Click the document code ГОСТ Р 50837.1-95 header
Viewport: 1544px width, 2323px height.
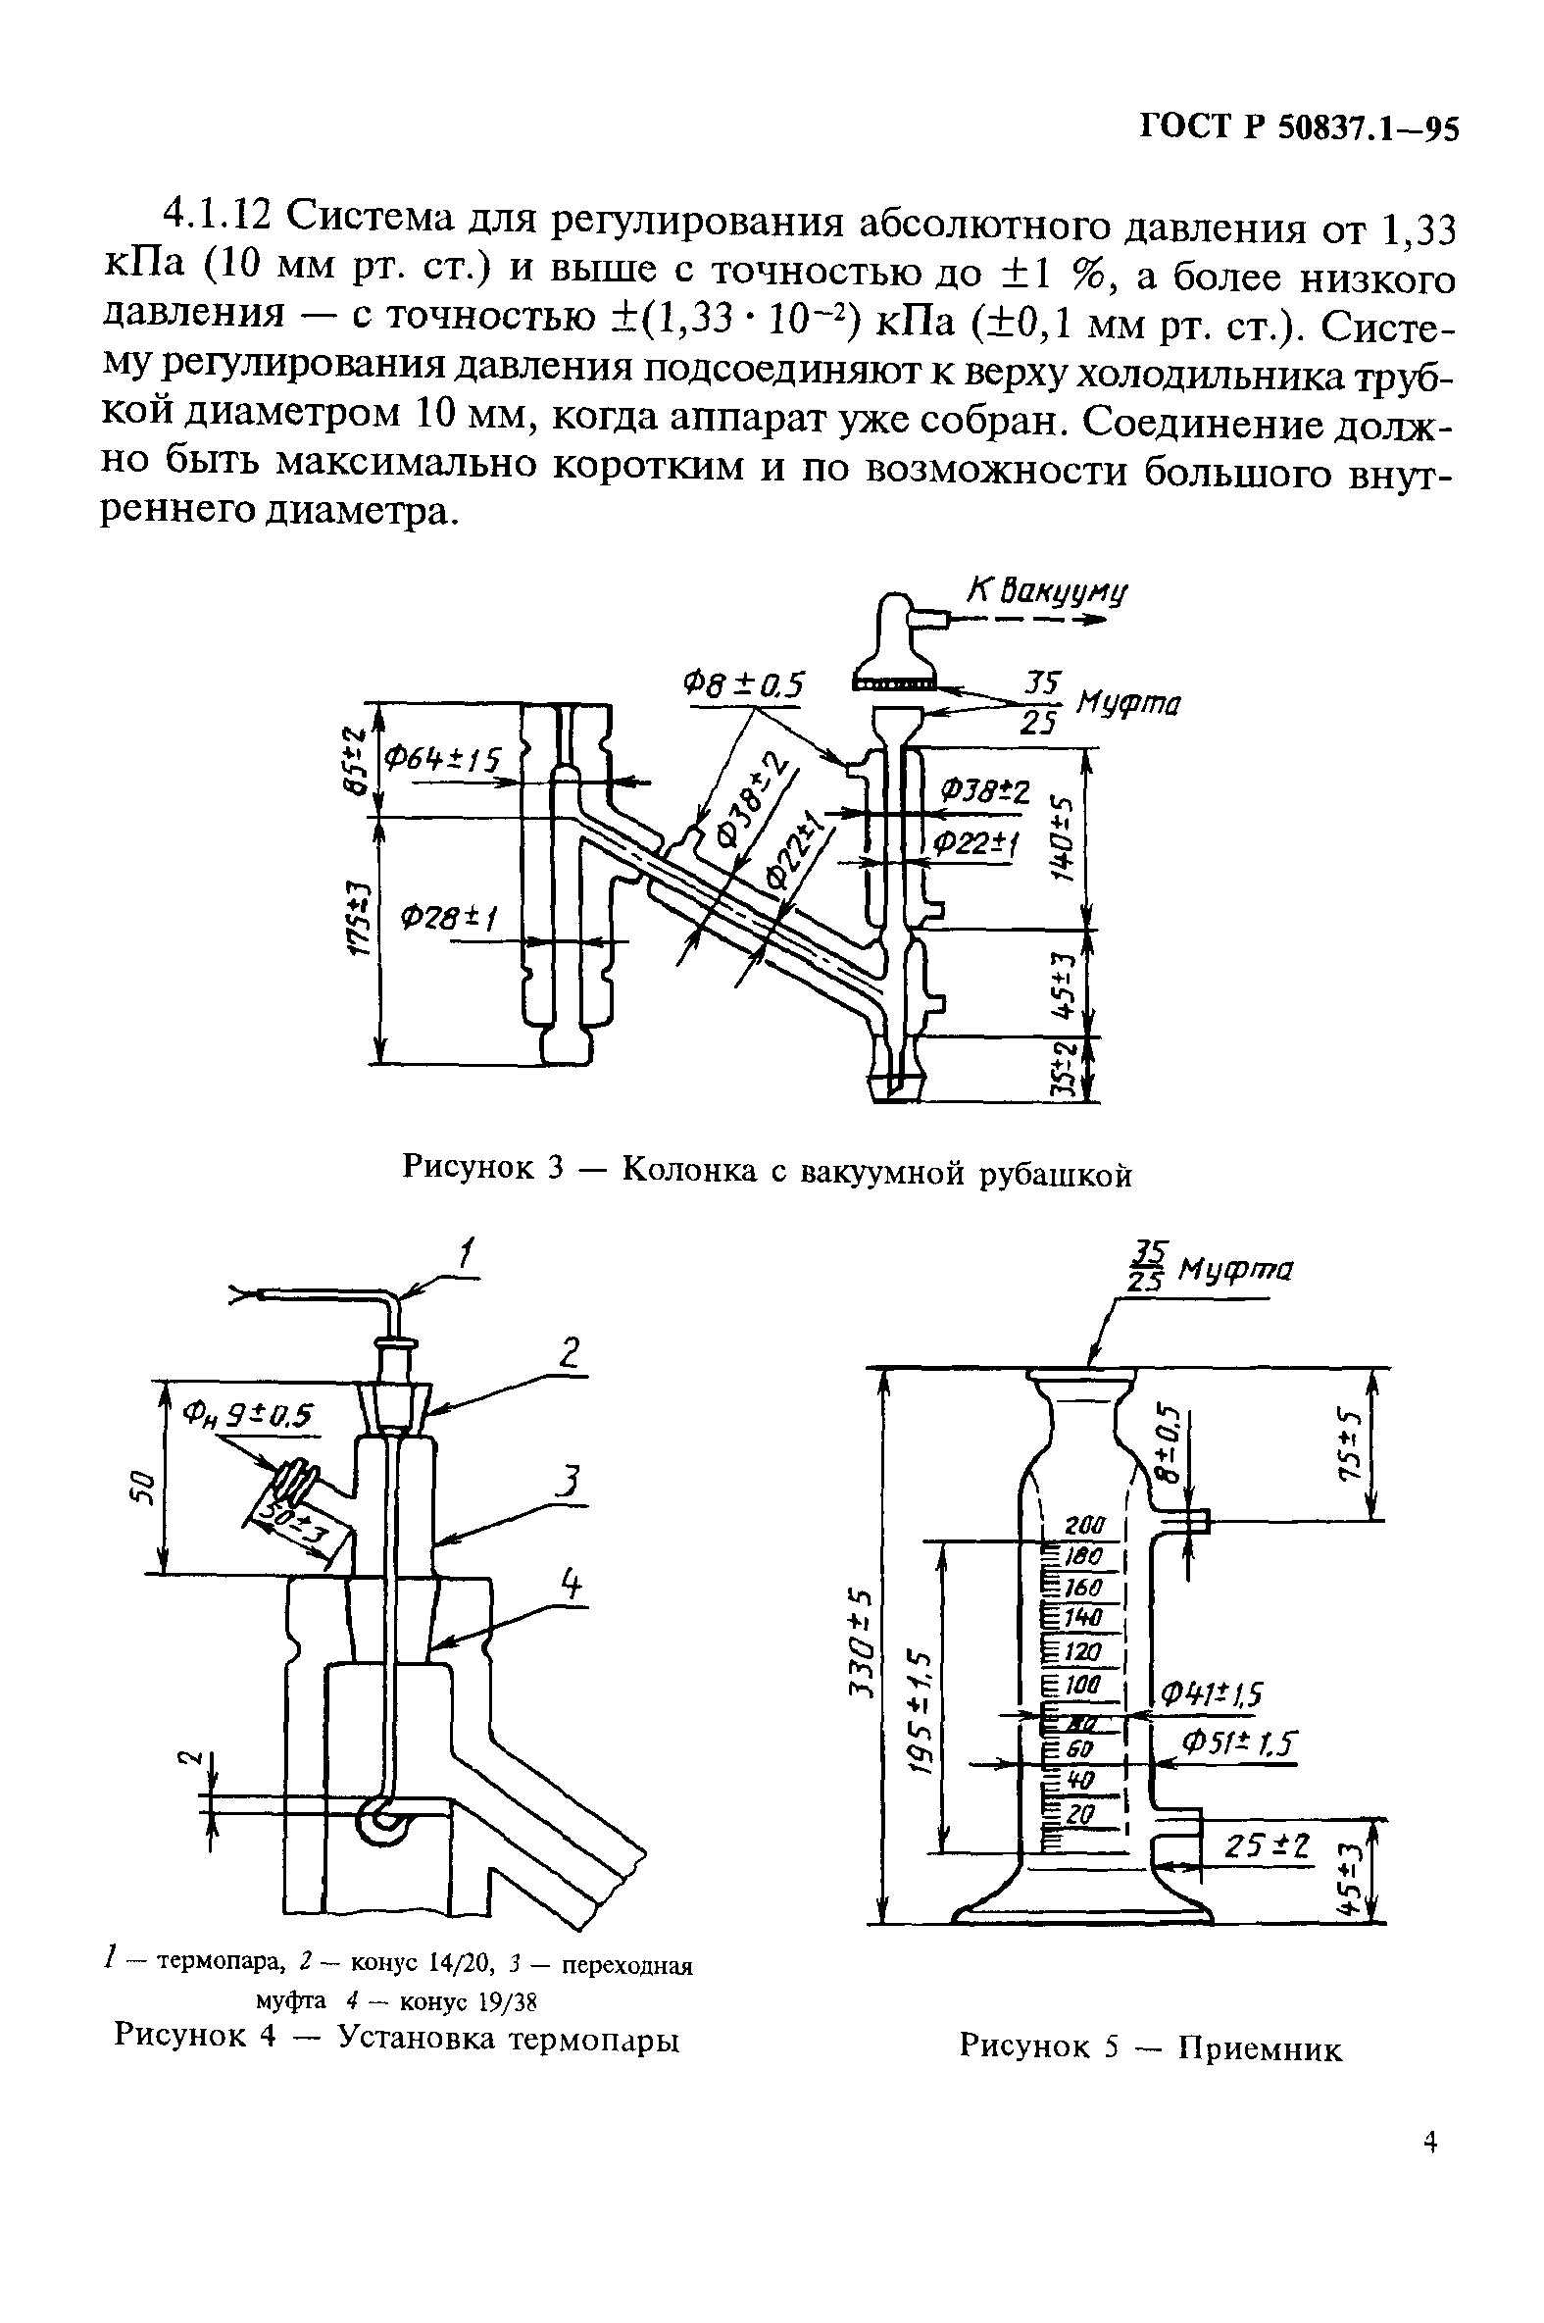(x=1298, y=130)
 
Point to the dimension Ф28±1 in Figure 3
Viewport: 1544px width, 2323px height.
(x=447, y=918)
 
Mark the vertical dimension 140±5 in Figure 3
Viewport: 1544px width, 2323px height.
(x=1062, y=839)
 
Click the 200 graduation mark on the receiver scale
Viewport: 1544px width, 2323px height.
(x=1086, y=1527)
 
